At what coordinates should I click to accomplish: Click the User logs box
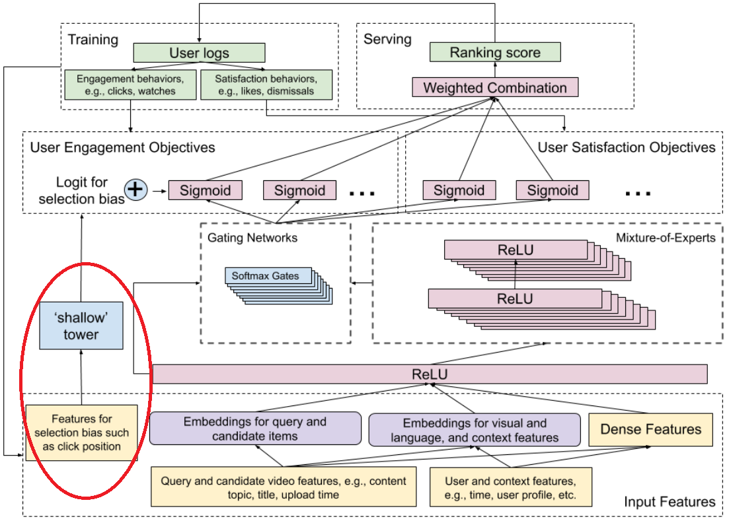199,53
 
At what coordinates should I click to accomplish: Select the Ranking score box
495,52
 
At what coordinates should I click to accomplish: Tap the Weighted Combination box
495,87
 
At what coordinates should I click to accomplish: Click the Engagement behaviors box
130,85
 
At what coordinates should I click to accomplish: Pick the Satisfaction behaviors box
266,85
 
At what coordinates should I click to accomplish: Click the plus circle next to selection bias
135,190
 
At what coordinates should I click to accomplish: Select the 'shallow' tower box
81,326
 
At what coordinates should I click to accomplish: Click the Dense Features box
651,429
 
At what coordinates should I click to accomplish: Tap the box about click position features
82,433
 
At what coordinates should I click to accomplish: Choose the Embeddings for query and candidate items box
255,428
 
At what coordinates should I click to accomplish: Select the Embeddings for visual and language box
475,430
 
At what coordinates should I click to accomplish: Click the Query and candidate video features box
284,487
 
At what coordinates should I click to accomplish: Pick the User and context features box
510,487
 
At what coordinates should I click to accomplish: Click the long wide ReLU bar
430,374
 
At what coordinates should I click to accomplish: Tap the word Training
93,40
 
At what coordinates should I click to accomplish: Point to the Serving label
387,40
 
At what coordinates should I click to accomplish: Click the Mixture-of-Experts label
666,238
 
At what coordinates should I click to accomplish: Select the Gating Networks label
252,238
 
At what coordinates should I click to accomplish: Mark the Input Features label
670,501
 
